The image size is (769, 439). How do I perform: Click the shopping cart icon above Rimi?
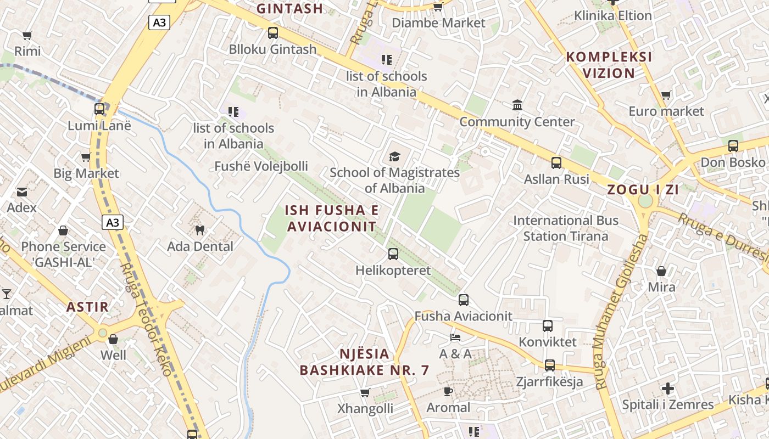tap(27, 35)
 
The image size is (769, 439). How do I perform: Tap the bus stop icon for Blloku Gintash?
tap(273, 33)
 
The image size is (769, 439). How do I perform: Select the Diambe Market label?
tap(438, 23)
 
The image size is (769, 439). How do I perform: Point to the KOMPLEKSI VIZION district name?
tap(609, 65)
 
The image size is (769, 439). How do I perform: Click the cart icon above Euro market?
tap(666, 95)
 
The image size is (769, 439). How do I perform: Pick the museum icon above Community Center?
tap(517, 105)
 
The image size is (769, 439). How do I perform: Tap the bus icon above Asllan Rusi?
tap(556, 163)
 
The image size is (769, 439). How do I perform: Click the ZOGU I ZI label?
tap(643, 190)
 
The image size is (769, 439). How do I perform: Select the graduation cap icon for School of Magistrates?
tap(394, 157)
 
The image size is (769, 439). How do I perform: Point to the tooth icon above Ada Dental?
tap(199, 230)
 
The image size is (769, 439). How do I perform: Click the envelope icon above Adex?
tap(22, 192)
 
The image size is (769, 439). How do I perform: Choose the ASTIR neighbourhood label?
tap(88, 307)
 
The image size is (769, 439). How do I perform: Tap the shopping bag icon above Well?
tap(113, 339)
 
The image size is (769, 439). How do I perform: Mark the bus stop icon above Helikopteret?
tap(393, 254)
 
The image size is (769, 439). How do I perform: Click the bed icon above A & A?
tap(455, 337)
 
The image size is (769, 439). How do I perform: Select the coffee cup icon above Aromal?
tap(448, 391)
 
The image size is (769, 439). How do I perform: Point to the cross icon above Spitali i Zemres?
tap(667, 389)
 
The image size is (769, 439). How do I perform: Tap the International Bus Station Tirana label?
tap(565, 228)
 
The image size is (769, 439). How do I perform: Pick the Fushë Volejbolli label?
tap(261, 166)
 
